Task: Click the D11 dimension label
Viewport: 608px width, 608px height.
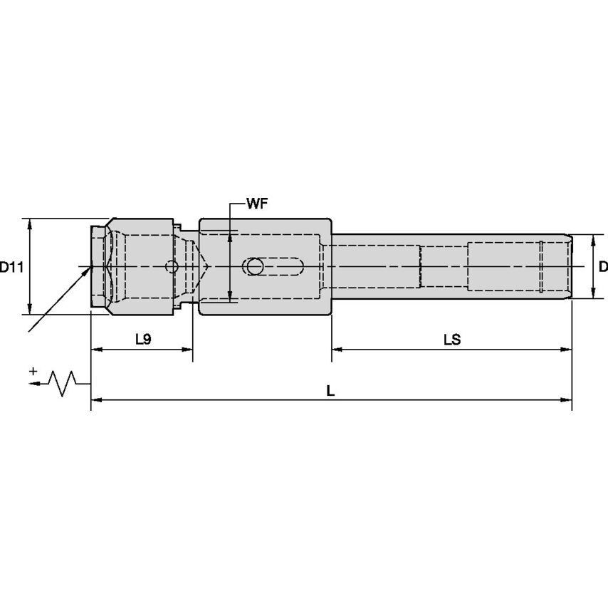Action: coord(11,267)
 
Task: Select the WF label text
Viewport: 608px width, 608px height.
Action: coord(257,204)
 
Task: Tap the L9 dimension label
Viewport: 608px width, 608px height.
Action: coord(143,340)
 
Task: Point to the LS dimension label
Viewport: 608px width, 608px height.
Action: coord(452,340)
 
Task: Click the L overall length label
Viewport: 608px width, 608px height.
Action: coord(330,390)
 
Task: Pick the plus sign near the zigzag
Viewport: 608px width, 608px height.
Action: coord(33,372)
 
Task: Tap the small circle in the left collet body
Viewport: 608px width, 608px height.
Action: coord(172,266)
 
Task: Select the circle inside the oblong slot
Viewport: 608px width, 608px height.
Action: coord(255,266)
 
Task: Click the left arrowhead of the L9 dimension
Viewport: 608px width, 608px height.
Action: coord(96,350)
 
